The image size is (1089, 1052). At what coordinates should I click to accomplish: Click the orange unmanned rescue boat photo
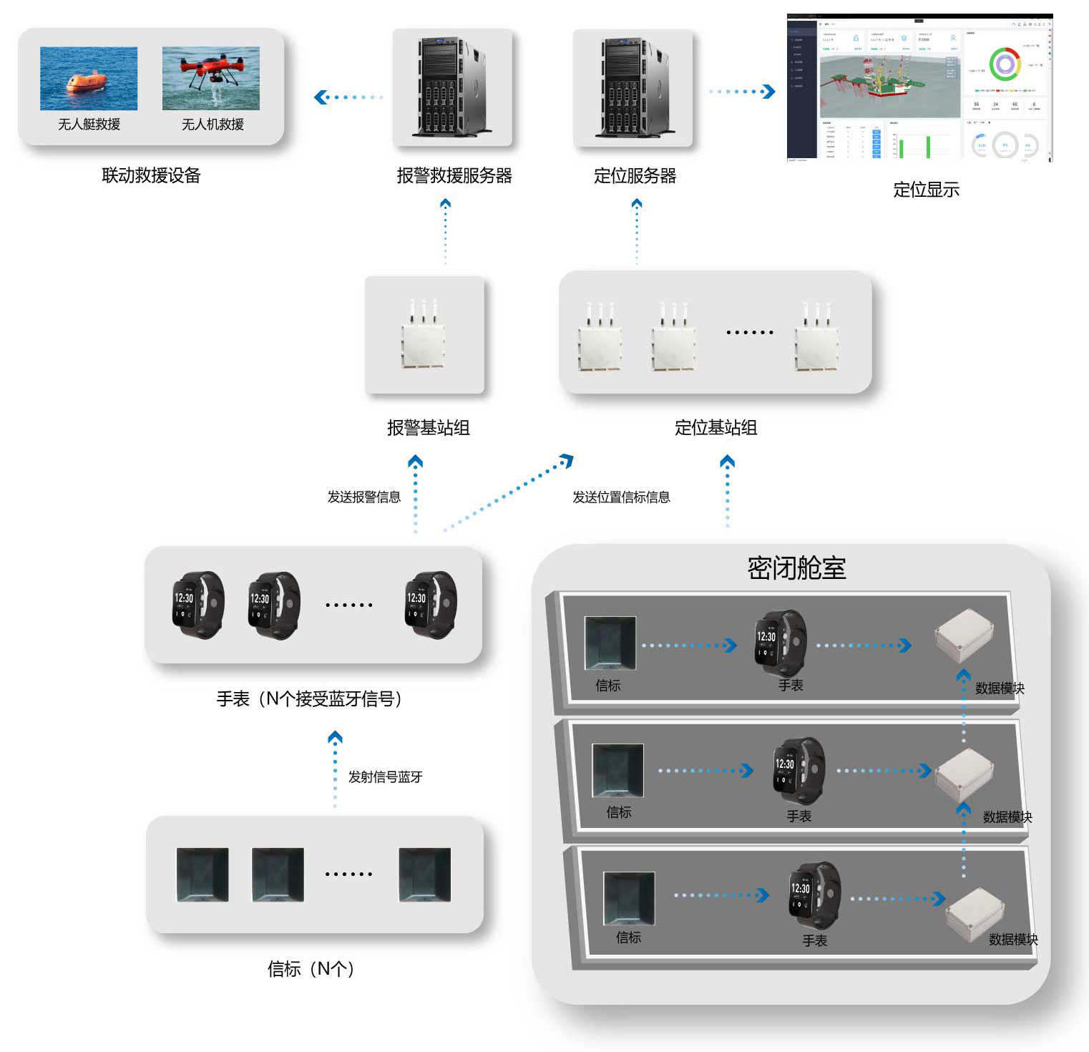point(89,78)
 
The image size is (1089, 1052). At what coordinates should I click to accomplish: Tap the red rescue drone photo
point(211,78)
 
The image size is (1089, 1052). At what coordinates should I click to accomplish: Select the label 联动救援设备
point(151,175)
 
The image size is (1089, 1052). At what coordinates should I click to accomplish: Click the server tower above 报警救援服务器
point(452,87)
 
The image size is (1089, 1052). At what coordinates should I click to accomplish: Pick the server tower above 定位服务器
point(633,87)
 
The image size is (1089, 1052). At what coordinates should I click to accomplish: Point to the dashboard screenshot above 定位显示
point(919,87)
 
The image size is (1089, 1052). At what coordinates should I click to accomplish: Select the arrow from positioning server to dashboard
point(742,92)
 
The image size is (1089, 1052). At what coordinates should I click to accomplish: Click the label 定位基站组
point(716,427)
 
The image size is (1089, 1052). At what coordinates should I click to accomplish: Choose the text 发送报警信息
point(363,497)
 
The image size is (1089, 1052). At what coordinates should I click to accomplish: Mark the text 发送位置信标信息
point(621,497)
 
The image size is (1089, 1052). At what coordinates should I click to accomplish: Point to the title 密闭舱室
point(796,568)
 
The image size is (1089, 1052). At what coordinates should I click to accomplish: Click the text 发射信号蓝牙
point(385,776)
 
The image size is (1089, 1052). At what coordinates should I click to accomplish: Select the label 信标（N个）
point(311,969)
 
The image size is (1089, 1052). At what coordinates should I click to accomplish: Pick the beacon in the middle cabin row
point(617,770)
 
